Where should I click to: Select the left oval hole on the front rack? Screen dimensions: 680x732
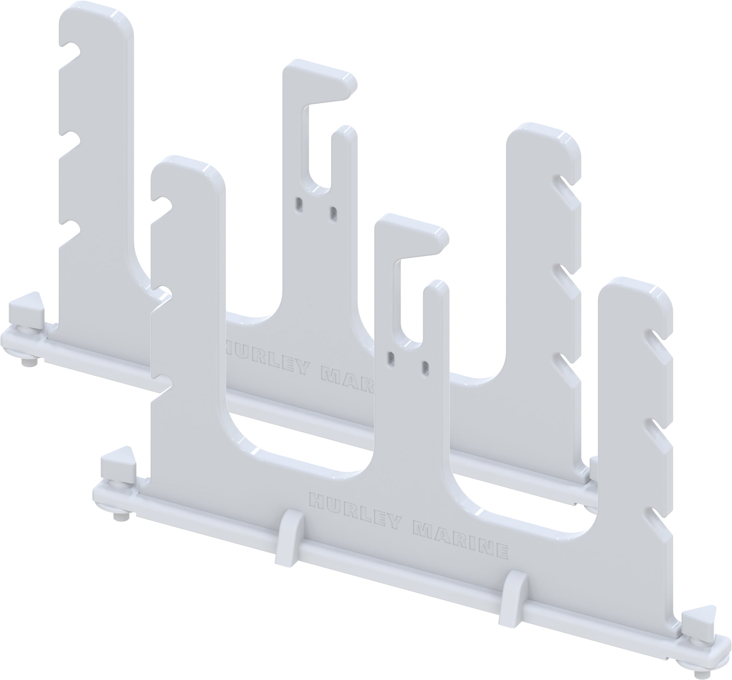391,356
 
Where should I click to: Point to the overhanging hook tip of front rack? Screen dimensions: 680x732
438,236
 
